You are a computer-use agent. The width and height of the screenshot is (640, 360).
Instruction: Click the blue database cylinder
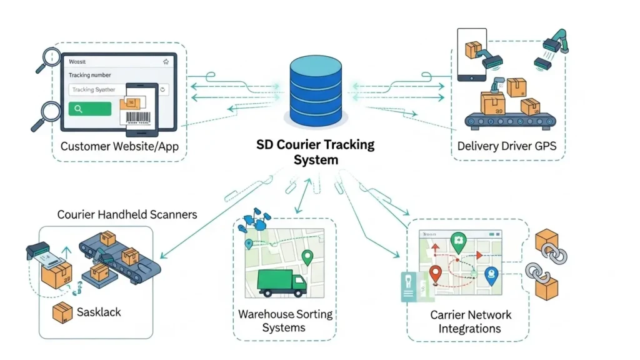pyautogui.click(x=316, y=90)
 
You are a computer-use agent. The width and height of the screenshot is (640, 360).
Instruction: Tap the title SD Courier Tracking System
pyautogui.click(x=316, y=152)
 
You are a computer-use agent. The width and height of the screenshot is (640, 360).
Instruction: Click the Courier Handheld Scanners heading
pyautogui.click(x=127, y=214)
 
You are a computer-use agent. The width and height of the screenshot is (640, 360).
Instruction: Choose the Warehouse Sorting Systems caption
pyautogui.click(x=285, y=320)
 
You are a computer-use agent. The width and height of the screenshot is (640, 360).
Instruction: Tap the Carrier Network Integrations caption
pyautogui.click(x=470, y=321)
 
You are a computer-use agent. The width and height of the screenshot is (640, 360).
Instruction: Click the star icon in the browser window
pyautogui.click(x=166, y=62)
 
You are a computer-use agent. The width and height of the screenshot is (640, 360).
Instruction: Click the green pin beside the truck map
pyautogui.click(x=306, y=257)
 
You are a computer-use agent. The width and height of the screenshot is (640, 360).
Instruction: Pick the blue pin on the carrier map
pyautogui.click(x=492, y=276)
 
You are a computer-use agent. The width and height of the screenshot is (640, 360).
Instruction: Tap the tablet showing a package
pyautogui.click(x=472, y=54)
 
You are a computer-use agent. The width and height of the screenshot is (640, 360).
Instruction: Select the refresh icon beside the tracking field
pyautogui.click(x=163, y=89)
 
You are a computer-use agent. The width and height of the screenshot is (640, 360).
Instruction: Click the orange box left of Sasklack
pyautogui.click(x=62, y=312)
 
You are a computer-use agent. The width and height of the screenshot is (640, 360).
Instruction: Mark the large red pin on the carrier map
pyautogui.click(x=436, y=274)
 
